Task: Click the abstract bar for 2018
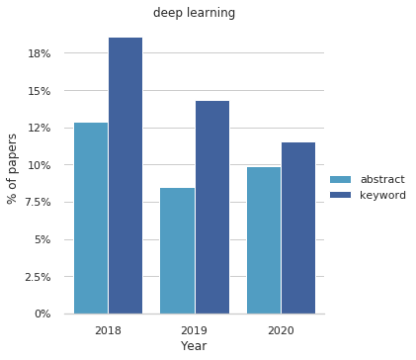(91, 219)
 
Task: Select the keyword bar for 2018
(125, 176)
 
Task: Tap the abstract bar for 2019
(177, 251)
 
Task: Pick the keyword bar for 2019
(211, 208)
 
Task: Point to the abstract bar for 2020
(264, 240)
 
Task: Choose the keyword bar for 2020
(298, 228)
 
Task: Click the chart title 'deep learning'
(194, 13)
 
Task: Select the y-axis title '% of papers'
(13, 168)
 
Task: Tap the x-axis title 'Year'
(194, 346)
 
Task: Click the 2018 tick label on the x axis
(108, 328)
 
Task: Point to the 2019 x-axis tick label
(194, 328)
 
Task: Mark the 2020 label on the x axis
(281, 328)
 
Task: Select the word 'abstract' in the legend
(381, 179)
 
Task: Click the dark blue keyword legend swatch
(340, 195)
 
